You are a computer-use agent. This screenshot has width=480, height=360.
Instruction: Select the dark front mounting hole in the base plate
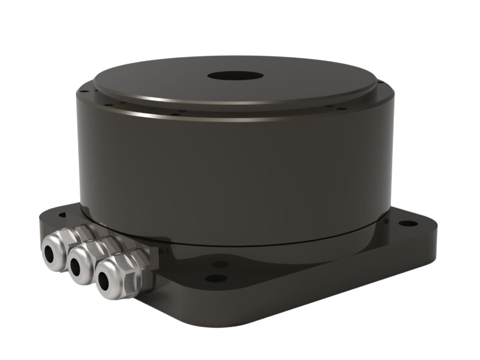click(216, 278)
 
